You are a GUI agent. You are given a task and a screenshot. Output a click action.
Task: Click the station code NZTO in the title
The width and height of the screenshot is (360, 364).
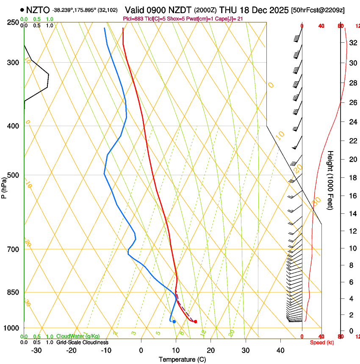click(x=38, y=10)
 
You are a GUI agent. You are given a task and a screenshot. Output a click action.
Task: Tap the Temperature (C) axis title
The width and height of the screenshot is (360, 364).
click(x=182, y=360)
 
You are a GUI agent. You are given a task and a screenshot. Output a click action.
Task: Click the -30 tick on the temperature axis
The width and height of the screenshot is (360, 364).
click(x=36, y=350)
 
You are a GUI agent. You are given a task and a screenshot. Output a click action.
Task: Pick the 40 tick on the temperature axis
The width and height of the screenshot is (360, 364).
click(x=280, y=350)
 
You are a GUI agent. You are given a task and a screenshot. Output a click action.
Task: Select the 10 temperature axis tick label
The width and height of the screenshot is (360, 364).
click(x=176, y=350)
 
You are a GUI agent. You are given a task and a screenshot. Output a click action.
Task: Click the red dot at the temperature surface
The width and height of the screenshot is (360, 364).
click(x=195, y=322)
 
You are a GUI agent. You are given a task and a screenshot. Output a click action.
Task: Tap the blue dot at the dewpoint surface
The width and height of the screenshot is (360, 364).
click(x=174, y=322)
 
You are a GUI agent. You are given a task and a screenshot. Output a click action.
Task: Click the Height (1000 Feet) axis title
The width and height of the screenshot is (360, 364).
click(x=330, y=180)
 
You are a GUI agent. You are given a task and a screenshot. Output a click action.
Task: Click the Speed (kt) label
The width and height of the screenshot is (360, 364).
click(x=322, y=342)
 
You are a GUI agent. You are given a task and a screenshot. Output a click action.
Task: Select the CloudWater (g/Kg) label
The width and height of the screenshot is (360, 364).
click(x=78, y=336)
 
